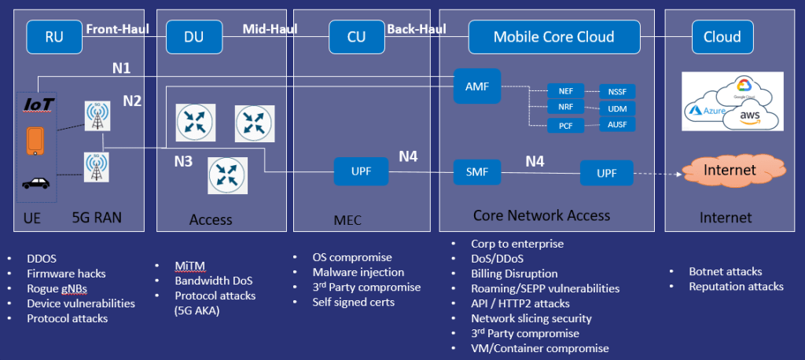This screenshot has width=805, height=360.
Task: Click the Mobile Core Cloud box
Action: [x=553, y=36]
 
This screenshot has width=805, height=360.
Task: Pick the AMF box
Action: [x=477, y=86]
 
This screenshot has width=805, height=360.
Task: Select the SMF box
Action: [x=477, y=171]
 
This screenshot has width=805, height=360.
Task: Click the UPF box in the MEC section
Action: [x=361, y=171]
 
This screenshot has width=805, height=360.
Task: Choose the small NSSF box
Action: [x=616, y=90]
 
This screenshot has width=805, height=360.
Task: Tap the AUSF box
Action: [x=616, y=124]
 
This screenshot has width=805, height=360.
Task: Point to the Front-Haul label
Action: [x=117, y=29]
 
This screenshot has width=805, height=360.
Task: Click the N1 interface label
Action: [x=121, y=68]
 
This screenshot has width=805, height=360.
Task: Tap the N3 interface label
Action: [x=182, y=161]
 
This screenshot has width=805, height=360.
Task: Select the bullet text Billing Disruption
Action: [x=514, y=274]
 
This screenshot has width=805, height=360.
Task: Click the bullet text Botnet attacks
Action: [x=725, y=271]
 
